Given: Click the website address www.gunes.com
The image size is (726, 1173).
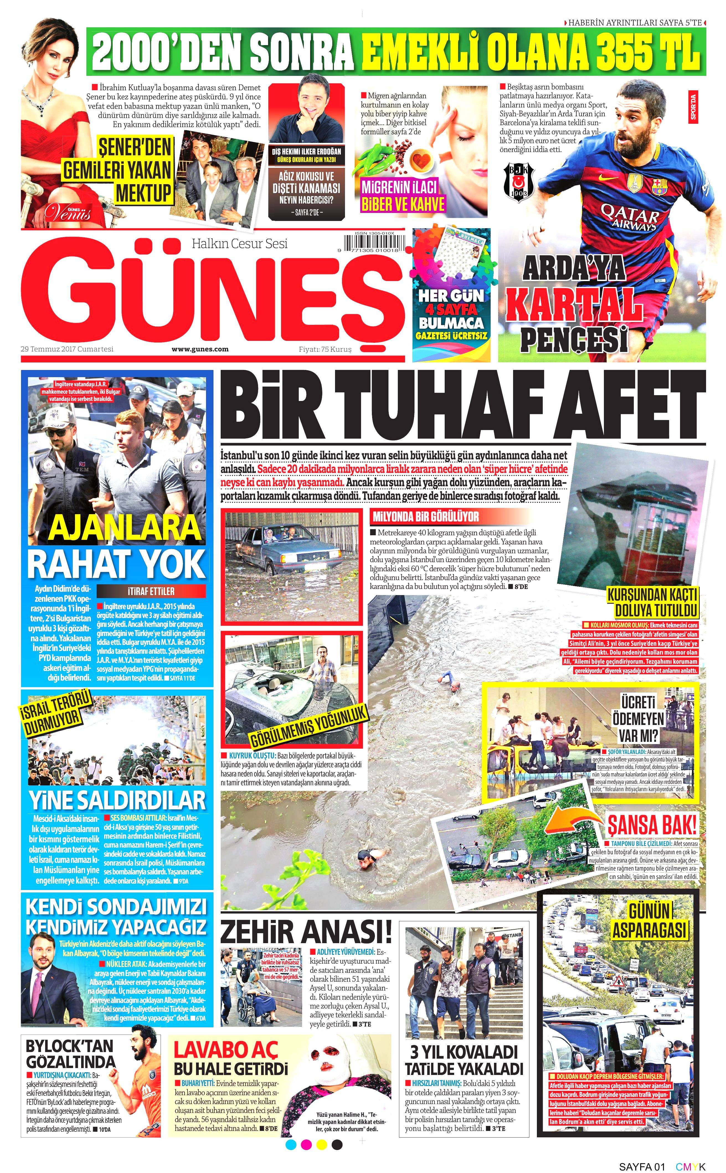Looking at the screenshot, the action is pyautogui.click(x=200, y=349).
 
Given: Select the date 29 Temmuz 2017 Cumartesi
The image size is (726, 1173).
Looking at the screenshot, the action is pyautogui.click(x=67, y=349).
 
